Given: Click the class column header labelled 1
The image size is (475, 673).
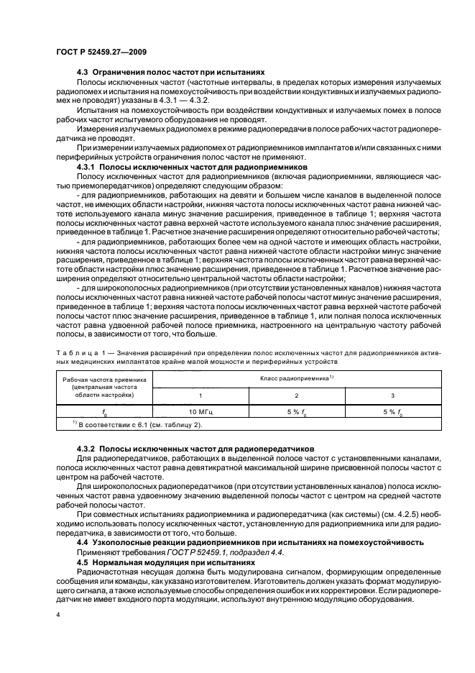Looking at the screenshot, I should [200, 396].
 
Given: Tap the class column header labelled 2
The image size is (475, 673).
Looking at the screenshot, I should [297, 396].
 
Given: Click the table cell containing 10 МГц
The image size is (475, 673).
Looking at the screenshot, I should [200, 413].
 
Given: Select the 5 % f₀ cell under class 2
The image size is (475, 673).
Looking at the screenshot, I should [297, 413].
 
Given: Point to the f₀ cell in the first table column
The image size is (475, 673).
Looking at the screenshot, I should [104, 413].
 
